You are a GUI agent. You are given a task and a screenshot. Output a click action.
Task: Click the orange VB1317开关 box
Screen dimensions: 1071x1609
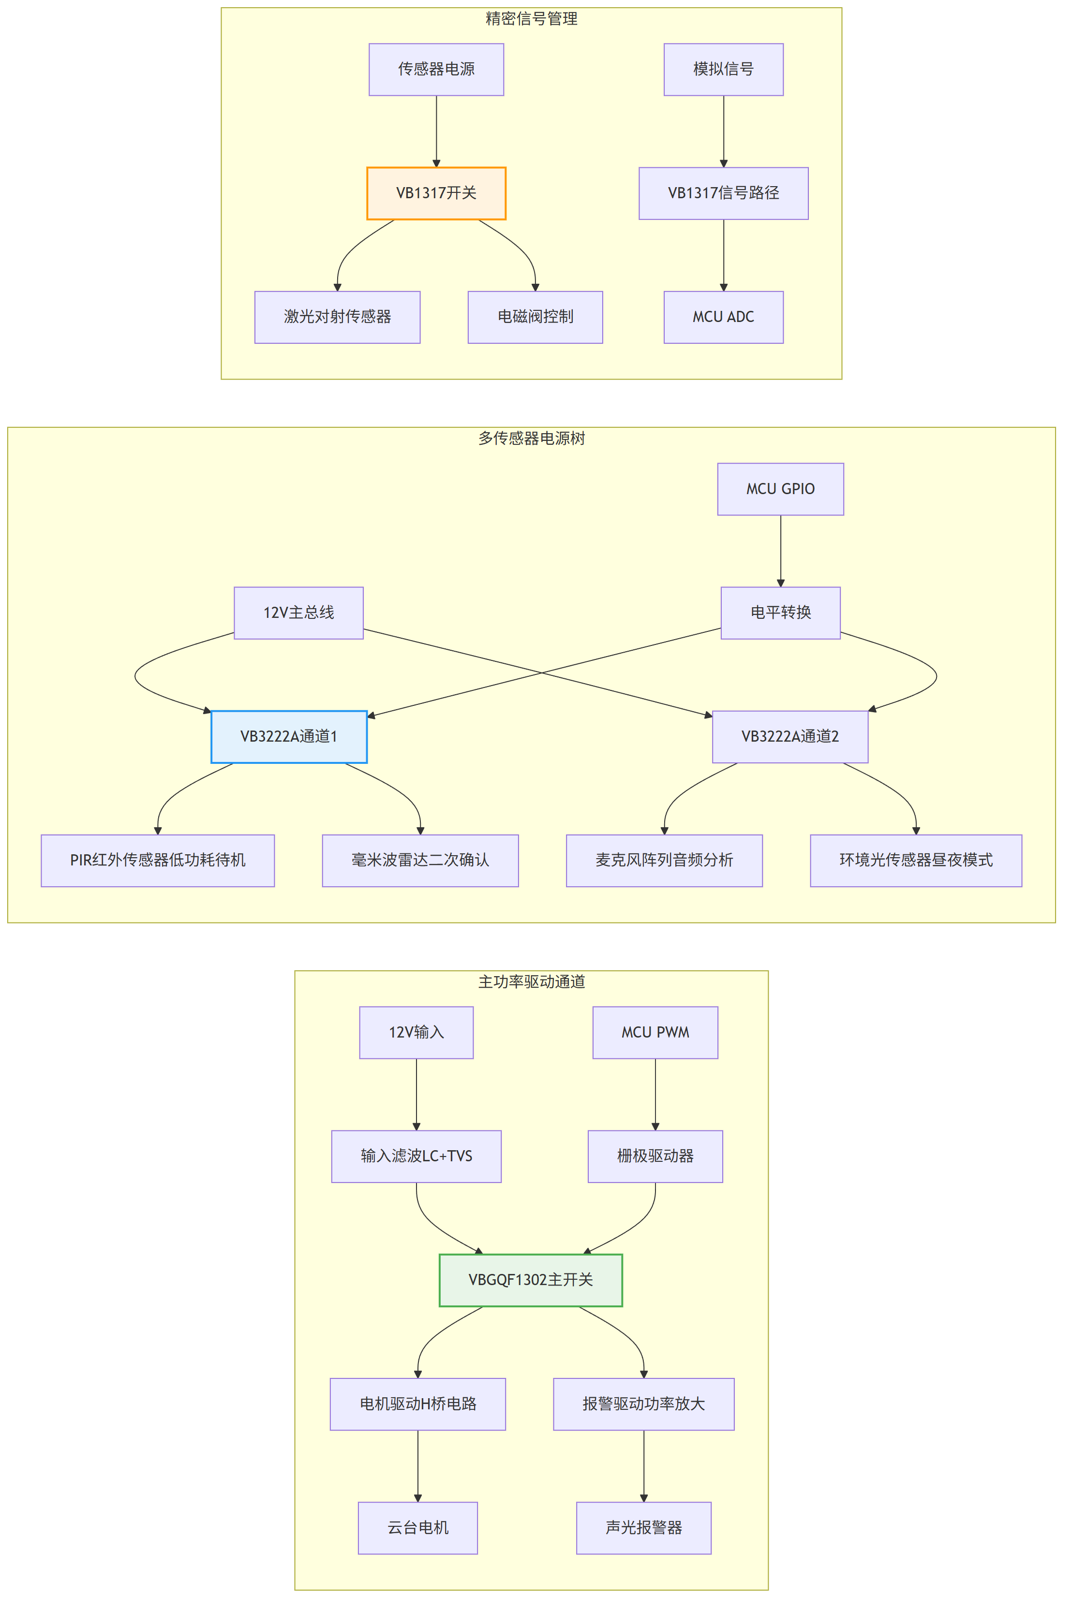pos(436,193)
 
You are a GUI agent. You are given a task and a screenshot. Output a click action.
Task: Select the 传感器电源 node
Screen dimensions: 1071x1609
pos(436,70)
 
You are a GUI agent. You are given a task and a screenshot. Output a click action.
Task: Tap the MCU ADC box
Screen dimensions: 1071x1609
pos(723,317)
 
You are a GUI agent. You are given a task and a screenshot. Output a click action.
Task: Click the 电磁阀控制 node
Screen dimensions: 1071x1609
pos(535,317)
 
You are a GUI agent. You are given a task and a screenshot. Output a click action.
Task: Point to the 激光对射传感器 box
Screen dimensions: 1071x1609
pos(338,317)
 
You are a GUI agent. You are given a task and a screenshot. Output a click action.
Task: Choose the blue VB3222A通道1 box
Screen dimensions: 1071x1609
pos(289,737)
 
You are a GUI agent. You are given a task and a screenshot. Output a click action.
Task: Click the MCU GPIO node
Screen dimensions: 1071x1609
pos(780,489)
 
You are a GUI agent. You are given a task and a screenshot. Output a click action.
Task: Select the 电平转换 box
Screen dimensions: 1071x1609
pos(780,613)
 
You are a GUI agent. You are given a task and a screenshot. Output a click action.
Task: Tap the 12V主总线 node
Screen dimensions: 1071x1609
pos(298,613)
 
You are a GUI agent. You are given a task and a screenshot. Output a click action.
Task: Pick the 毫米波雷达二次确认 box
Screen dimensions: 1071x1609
pos(420,860)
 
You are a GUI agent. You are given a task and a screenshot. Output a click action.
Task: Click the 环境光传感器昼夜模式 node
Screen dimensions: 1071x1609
pos(916,860)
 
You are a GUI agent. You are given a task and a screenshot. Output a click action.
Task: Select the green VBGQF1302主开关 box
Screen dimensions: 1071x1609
pos(531,1280)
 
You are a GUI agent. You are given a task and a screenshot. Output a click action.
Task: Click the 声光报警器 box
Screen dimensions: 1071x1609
pos(643,1528)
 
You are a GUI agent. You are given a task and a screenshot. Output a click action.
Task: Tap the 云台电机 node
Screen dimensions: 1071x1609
pos(417,1528)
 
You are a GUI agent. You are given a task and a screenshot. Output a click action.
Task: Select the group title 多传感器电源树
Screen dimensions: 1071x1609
pos(532,438)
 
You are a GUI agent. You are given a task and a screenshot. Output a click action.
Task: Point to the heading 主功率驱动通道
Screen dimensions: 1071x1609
pos(532,981)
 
